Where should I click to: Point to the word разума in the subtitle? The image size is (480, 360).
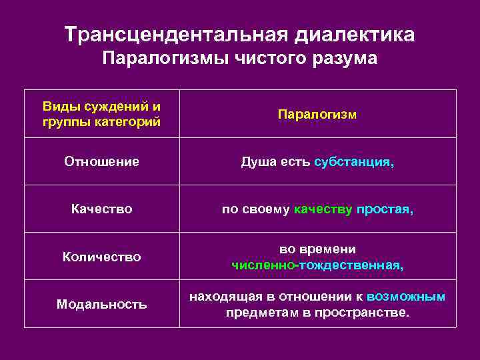(347, 59)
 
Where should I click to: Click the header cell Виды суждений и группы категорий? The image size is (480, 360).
(101, 114)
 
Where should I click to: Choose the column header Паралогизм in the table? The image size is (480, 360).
(317, 115)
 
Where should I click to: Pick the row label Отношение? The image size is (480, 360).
(101, 161)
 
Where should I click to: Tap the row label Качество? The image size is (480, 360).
(101, 209)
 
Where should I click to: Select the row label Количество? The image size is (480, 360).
(101, 257)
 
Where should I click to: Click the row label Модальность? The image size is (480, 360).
(101, 304)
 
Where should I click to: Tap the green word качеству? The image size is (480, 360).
(323, 209)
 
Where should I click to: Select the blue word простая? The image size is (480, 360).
(385, 209)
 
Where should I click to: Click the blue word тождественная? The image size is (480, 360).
(351, 265)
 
